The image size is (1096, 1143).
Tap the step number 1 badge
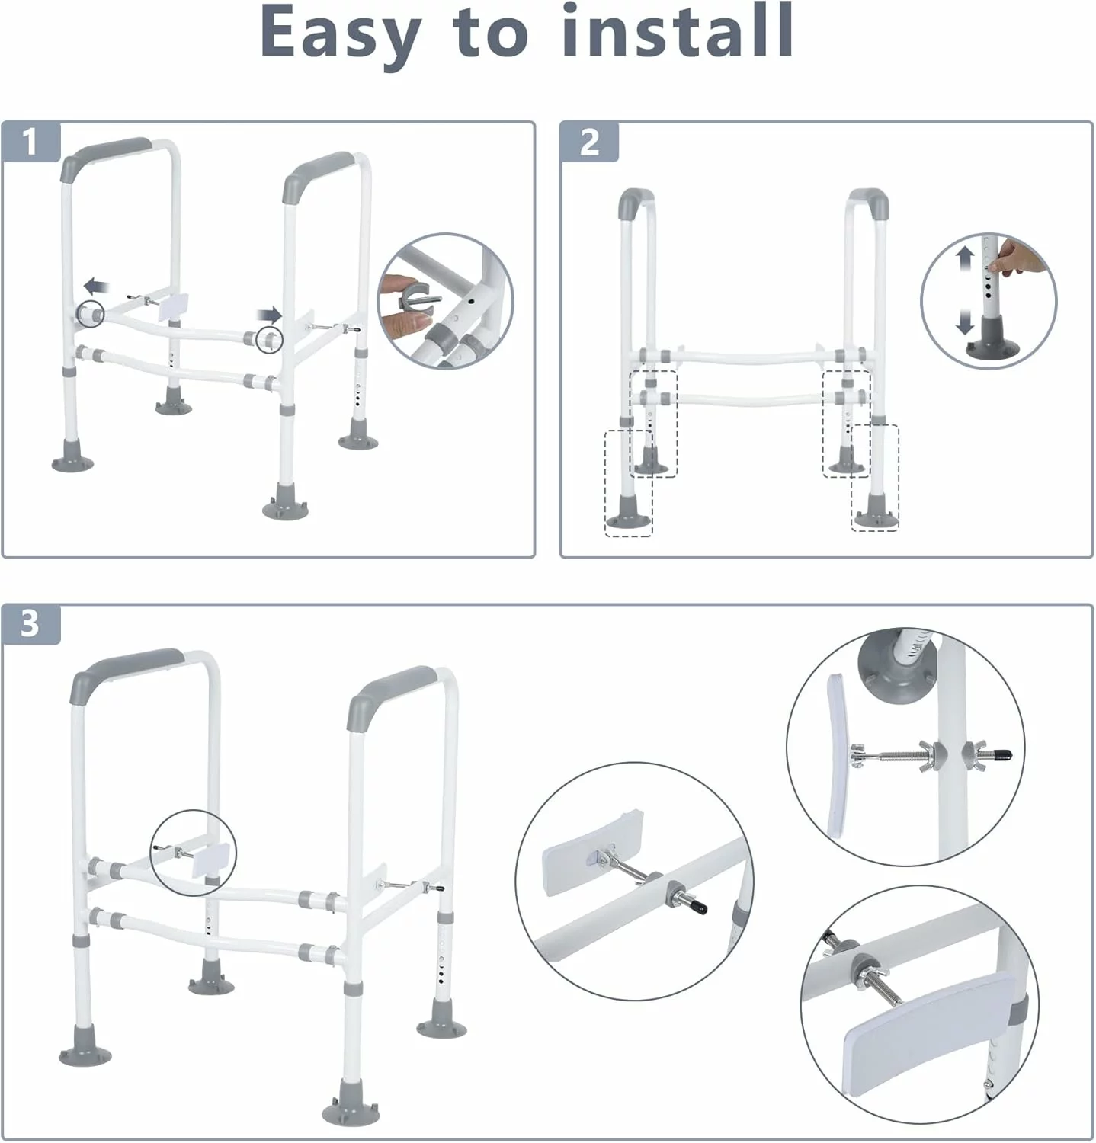coord(30,142)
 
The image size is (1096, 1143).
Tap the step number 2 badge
coord(590,142)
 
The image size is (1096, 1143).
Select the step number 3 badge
coord(30,624)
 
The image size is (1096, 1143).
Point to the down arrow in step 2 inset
coord(966,319)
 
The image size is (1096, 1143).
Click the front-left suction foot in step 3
coord(85,1048)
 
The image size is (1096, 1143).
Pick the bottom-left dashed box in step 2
coord(629,483)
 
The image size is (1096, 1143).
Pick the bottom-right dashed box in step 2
coord(875,477)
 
